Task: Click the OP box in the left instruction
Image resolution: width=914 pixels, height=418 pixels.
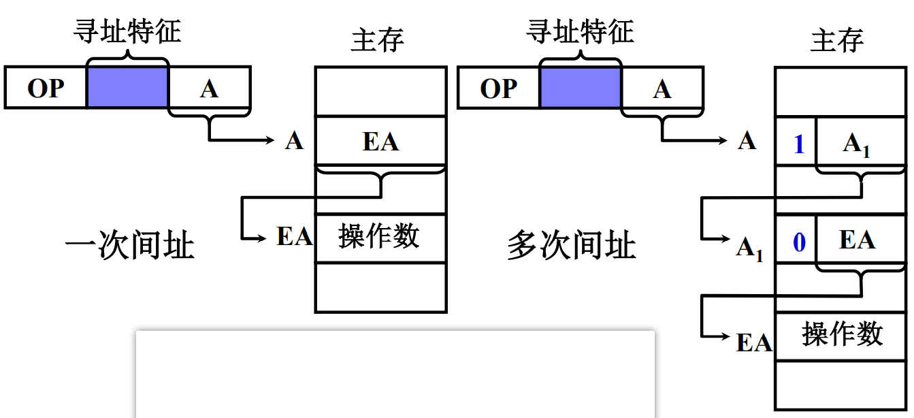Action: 46,88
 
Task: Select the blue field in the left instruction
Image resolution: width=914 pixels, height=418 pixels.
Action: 127,87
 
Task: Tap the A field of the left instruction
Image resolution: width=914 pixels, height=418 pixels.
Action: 209,88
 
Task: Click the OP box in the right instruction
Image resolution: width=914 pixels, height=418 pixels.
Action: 498,88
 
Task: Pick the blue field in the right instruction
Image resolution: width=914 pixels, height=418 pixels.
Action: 580,87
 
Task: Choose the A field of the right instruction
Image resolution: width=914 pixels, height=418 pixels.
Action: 662,88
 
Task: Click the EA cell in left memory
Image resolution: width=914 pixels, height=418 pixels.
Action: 380,141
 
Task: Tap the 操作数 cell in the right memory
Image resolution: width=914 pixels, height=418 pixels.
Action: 842,335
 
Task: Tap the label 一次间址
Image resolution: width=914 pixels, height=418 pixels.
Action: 129,245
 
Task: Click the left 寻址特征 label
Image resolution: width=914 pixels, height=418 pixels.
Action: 127,31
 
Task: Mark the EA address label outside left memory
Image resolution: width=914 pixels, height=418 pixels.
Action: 294,236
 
